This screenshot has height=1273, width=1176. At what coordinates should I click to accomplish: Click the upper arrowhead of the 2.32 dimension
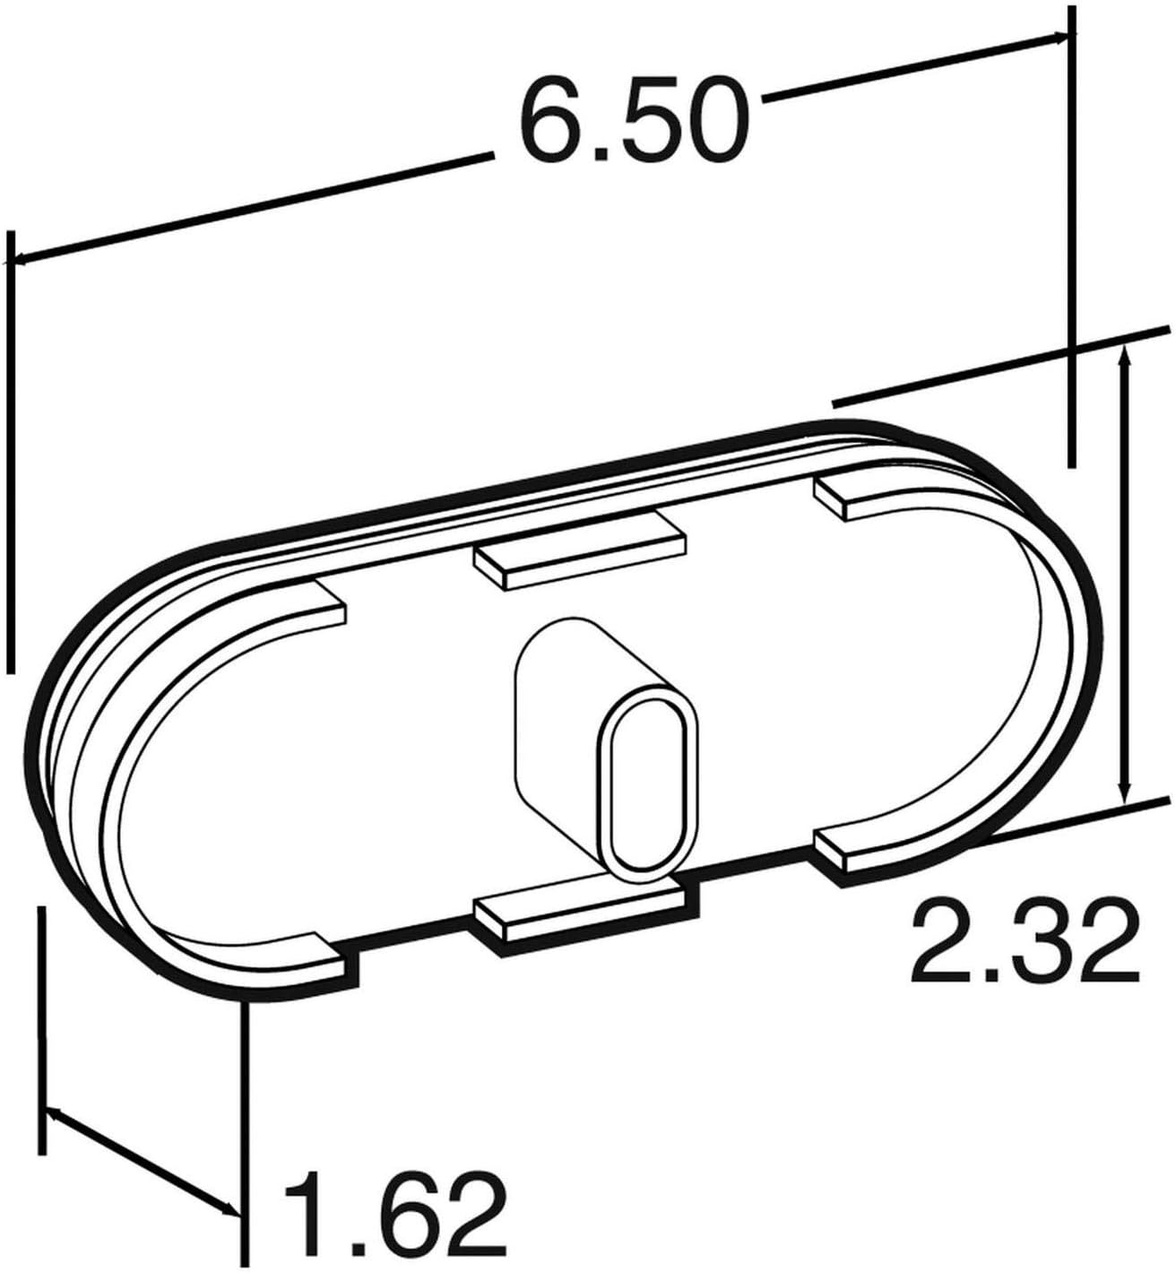pos(1125,357)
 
